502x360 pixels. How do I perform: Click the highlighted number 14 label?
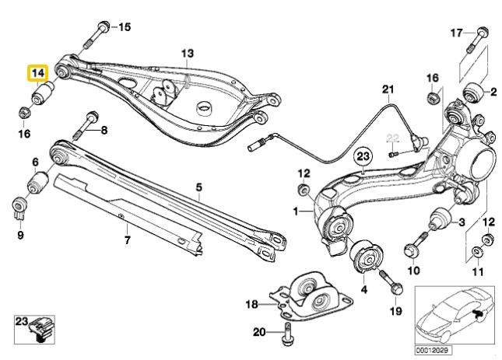coord(37,74)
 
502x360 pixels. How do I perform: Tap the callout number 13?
coord(186,53)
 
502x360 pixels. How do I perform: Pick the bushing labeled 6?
coord(37,184)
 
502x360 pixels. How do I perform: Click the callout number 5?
coord(198,187)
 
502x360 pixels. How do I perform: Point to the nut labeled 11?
coord(478,252)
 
